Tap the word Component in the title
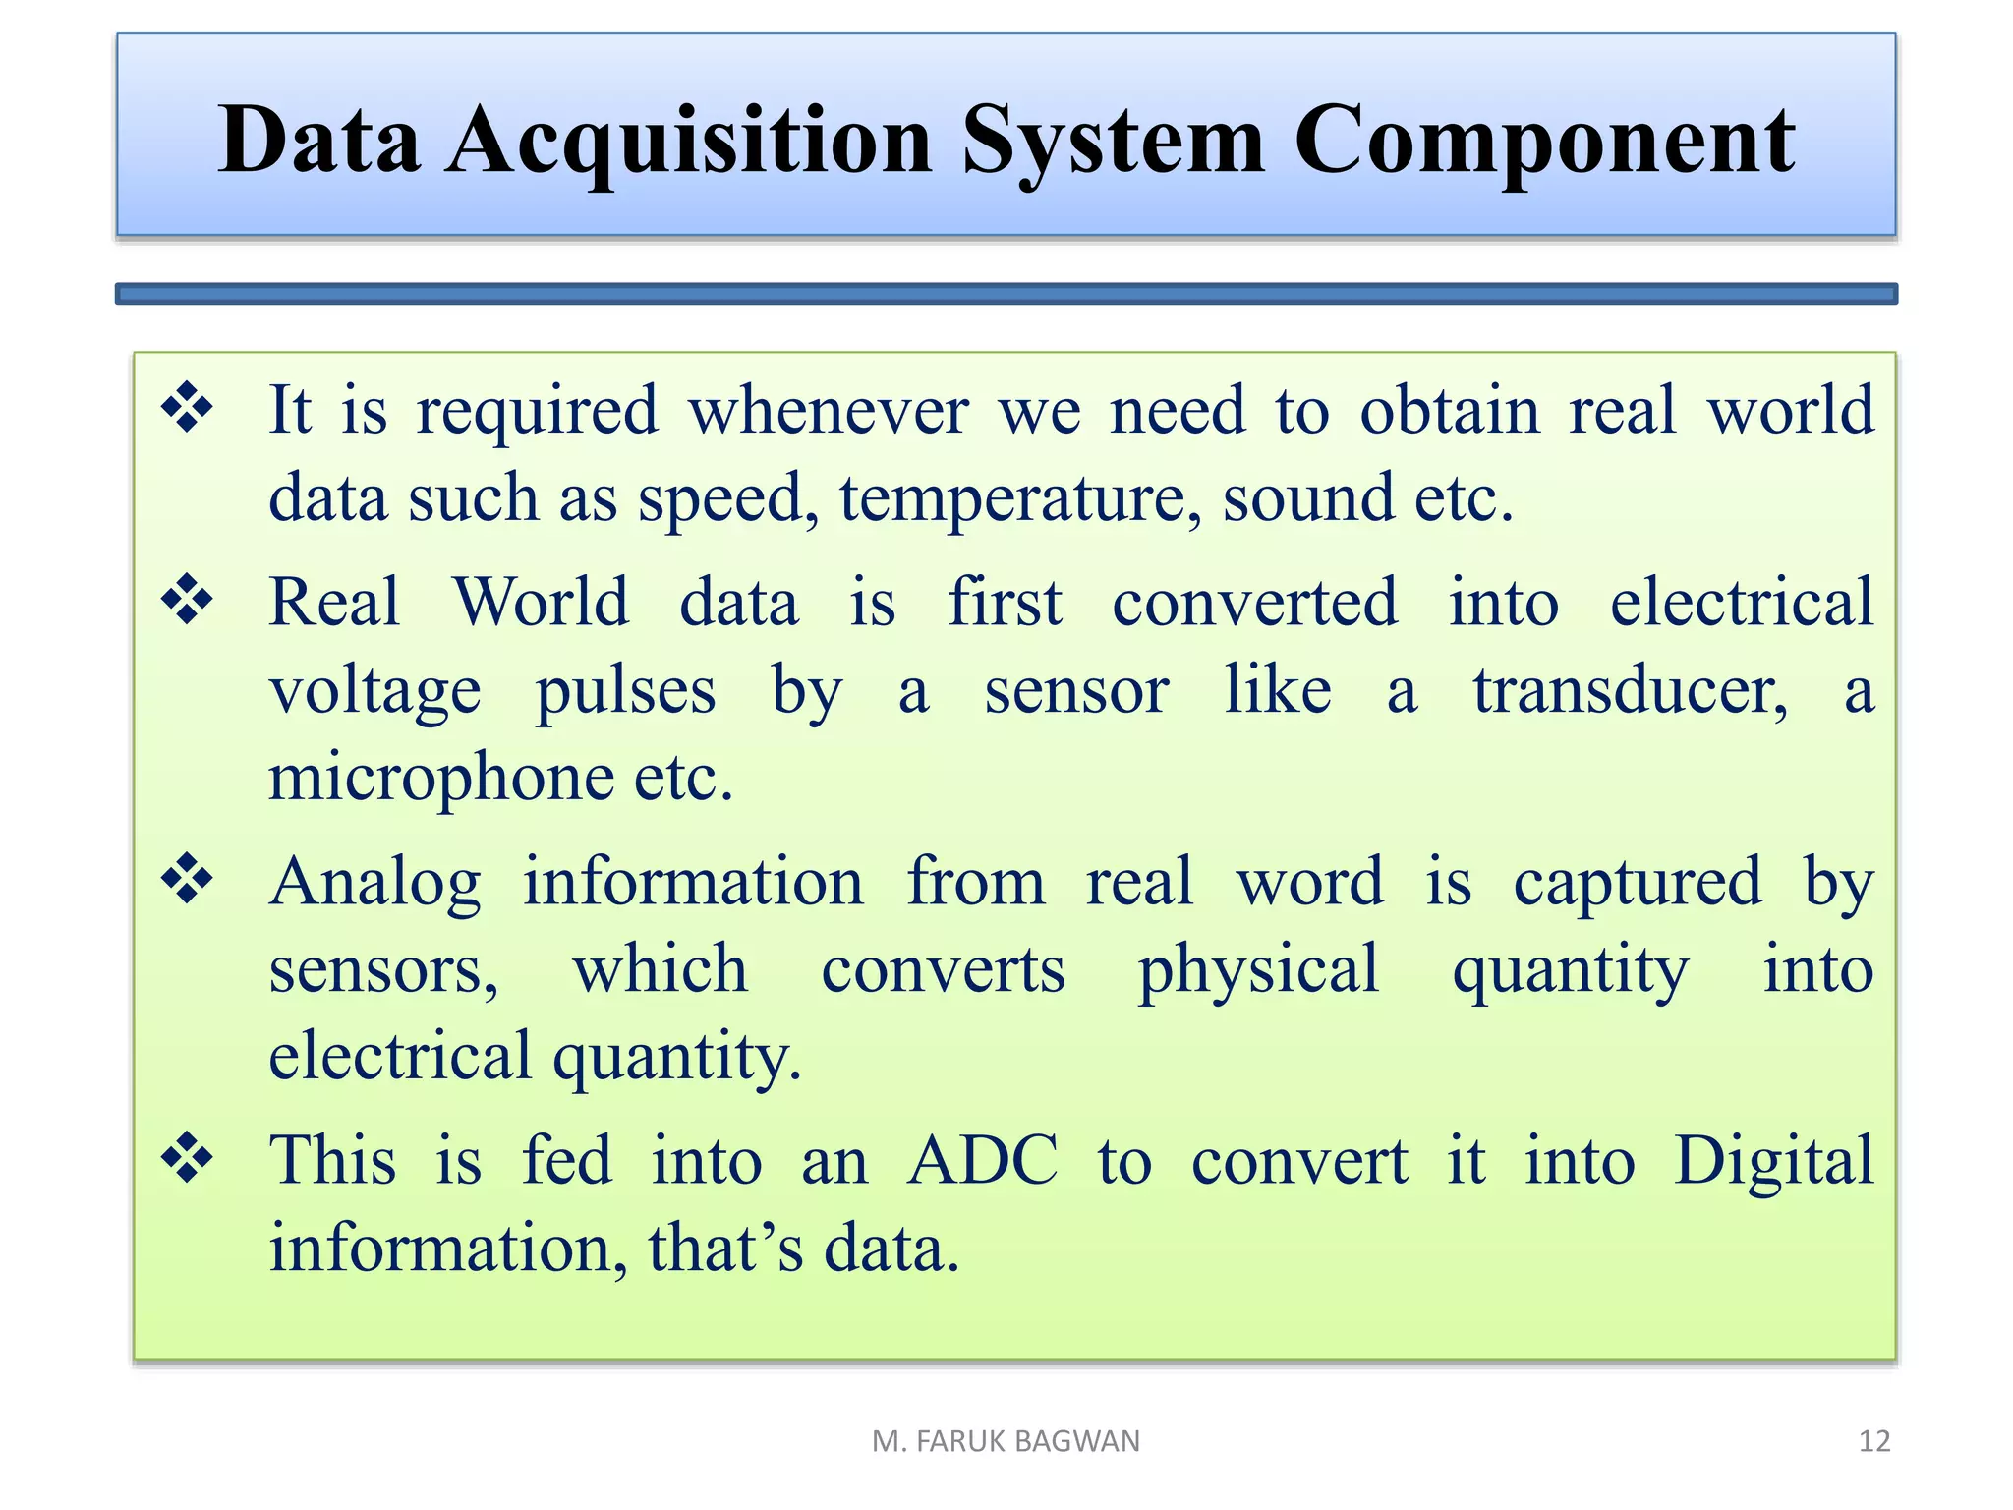click(1544, 143)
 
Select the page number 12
click(1874, 1441)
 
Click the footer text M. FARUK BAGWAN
click(1006, 1441)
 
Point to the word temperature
click(1019, 499)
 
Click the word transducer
click(1629, 690)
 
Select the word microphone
click(441, 779)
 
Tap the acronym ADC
click(982, 1161)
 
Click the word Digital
click(1773, 1161)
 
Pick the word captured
click(1638, 882)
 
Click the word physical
click(1258, 970)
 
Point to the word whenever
click(828, 411)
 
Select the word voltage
click(374, 692)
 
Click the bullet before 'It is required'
click(187, 408)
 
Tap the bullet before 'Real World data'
click(187, 600)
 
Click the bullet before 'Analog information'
click(187, 879)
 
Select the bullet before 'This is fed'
click(187, 1158)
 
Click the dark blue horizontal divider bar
click(1006, 294)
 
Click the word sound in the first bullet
click(1307, 497)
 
